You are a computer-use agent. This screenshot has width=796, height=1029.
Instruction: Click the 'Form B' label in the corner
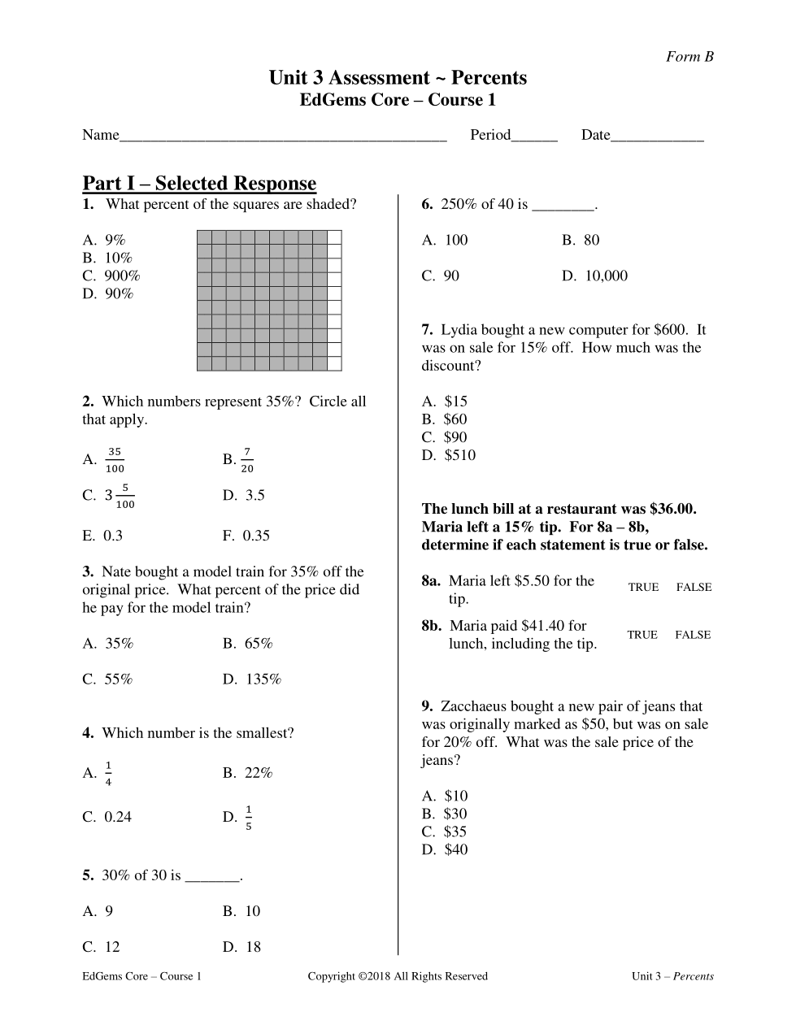tap(689, 57)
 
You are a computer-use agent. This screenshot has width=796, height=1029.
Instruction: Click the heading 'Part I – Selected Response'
tap(199, 184)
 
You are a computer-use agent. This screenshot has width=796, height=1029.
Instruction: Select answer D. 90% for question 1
tap(108, 293)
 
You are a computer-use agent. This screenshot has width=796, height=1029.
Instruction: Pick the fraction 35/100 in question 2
tap(115, 460)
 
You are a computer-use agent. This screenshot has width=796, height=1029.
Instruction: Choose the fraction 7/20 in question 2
tap(247, 460)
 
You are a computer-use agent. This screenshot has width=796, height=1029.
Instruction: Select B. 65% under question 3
tap(248, 644)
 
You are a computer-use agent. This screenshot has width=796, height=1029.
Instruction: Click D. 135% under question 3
tap(252, 679)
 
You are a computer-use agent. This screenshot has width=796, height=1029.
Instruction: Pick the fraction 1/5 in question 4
tap(248, 818)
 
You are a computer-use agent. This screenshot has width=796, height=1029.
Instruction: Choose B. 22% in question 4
tap(248, 773)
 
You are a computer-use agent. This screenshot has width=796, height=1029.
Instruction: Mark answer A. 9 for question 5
tap(98, 911)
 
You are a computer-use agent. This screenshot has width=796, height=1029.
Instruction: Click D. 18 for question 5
tap(242, 947)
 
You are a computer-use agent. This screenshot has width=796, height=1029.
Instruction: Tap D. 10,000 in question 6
tap(595, 276)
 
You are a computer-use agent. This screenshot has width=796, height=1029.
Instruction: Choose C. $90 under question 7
tap(445, 437)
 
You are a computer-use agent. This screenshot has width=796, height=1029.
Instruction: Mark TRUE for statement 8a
tap(643, 587)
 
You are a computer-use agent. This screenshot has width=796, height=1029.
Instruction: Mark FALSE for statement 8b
tap(693, 635)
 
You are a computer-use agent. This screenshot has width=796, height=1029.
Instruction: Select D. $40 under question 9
tap(445, 849)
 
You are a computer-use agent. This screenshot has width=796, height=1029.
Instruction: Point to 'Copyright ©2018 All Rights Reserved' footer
tap(398, 976)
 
